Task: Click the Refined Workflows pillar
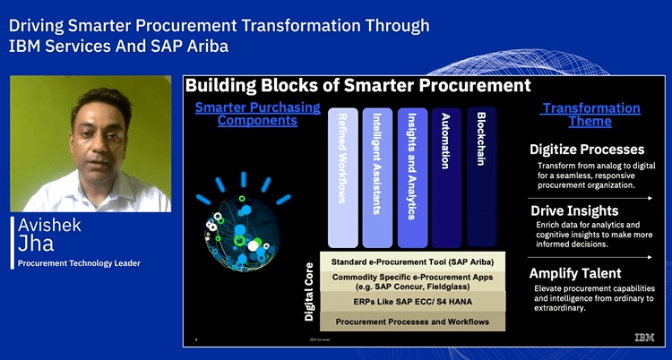click(343, 177)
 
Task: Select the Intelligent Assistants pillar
click(377, 177)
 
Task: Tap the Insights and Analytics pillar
click(412, 177)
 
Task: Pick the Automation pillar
click(446, 177)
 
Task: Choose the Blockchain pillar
click(482, 177)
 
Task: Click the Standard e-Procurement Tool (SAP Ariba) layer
click(413, 261)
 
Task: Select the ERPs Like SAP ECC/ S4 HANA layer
click(413, 301)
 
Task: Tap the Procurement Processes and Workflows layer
click(413, 321)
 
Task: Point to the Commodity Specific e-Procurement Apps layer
click(413, 281)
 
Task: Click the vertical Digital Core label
click(309, 292)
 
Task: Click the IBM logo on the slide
click(644, 338)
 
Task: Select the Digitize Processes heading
click(587, 150)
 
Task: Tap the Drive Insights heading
click(574, 210)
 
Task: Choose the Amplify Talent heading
click(575, 273)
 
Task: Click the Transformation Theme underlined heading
click(590, 115)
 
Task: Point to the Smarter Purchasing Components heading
click(257, 114)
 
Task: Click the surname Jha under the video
click(36, 244)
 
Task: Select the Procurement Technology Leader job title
click(79, 263)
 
